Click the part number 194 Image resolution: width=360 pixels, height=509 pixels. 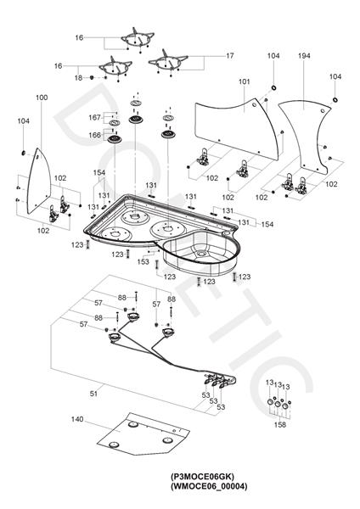[x=304, y=55]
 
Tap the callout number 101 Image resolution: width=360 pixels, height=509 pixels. [x=245, y=81]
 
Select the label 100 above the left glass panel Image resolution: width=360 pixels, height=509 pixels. [x=42, y=98]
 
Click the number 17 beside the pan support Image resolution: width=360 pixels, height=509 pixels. [x=230, y=56]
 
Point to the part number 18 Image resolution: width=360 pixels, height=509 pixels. [x=78, y=78]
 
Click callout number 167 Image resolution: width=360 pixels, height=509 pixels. [x=94, y=117]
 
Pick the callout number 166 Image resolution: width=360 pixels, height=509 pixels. [x=94, y=135]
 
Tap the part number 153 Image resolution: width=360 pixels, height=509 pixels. [x=143, y=261]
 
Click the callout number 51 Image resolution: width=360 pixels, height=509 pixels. [x=93, y=394]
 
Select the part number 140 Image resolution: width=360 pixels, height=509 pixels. [x=77, y=419]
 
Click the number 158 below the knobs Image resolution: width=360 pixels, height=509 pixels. [x=280, y=424]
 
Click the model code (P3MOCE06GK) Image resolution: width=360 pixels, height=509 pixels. [x=202, y=477]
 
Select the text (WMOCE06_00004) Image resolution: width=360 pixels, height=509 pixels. [x=209, y=486]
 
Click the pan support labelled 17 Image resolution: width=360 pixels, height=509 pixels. [x=168, y=62]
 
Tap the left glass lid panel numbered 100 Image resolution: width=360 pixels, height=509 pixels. [x=39, y=182]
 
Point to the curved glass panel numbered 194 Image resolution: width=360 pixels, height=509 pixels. [x=306, y=137]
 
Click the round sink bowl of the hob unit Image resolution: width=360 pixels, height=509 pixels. [x=200, y=252]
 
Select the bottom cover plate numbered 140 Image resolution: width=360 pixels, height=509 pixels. [x=143, y=434]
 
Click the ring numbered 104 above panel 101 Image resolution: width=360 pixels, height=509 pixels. [x=273, y=87]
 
